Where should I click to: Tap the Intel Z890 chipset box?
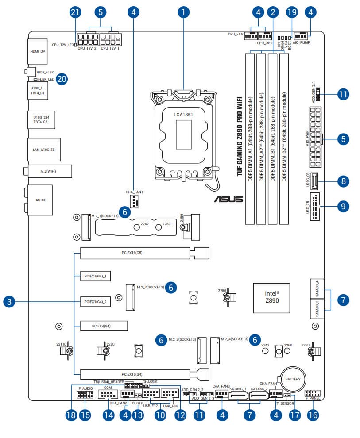click(272, 296)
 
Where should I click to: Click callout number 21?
click(75, 12)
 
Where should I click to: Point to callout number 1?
click(183, 12)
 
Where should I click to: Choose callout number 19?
click(291, 12)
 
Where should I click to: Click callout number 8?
click(343, 181)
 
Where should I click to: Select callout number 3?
click(9, 303)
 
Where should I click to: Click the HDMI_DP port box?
click(38, 51)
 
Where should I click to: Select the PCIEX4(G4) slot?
click(104, 326)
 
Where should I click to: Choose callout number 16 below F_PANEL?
click(312, 415)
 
